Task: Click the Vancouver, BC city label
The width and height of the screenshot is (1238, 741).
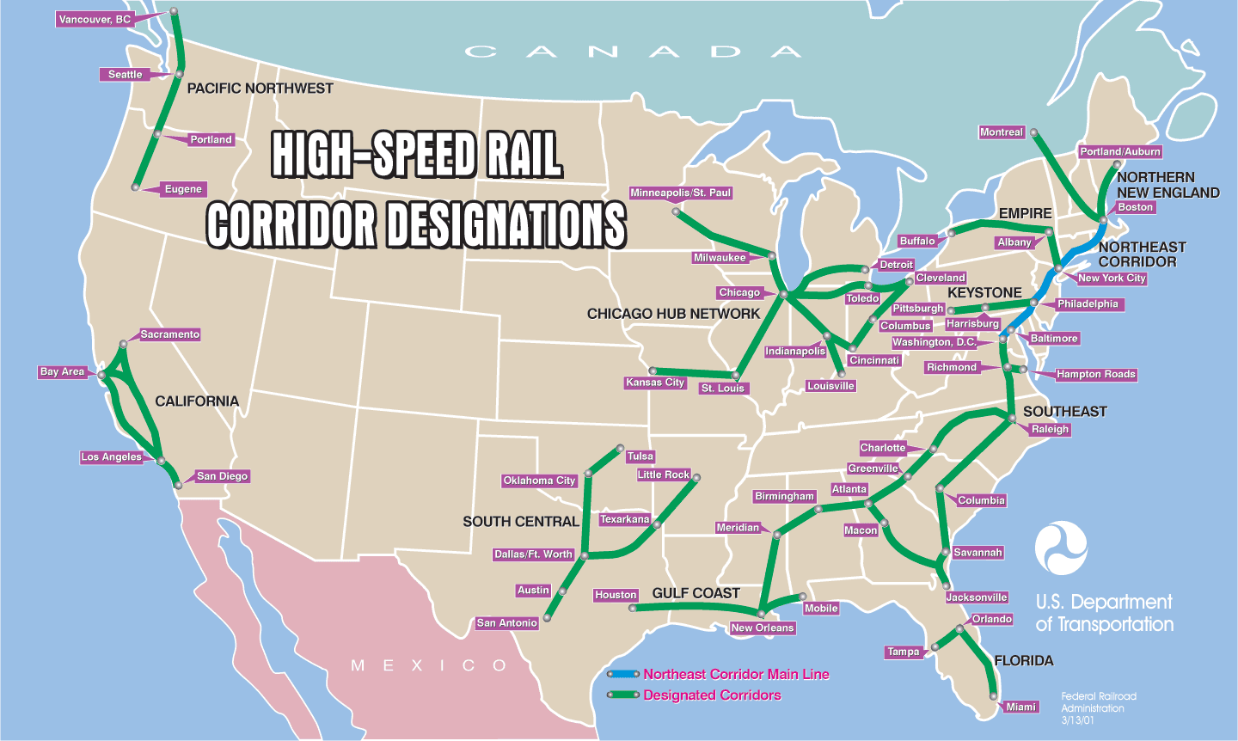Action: point(95,19)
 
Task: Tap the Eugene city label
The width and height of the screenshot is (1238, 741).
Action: point(183,189)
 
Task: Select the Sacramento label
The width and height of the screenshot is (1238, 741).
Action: point(170,334)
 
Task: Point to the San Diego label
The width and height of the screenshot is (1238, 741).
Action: point(222,476)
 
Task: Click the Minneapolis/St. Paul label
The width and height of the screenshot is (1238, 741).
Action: point(681,193)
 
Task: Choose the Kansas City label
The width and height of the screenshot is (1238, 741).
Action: point(656,383)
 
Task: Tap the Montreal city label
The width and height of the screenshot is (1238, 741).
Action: point(1002,132)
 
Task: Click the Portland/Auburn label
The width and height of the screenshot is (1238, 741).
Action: point(1120,151)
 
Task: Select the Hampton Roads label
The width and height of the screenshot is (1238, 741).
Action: point(1096,374)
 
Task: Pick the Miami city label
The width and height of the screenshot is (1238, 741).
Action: point(1021,707)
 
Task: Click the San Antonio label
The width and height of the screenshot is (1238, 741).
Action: point(507,623)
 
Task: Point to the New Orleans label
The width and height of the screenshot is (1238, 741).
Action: point(763,628)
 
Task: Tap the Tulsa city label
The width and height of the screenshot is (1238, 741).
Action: point(640,456)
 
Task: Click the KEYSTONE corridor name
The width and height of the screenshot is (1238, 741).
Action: point(984,293)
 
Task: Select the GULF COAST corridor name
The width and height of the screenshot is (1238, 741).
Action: point(696,593)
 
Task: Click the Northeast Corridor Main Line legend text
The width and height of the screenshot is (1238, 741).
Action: point(736,675)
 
